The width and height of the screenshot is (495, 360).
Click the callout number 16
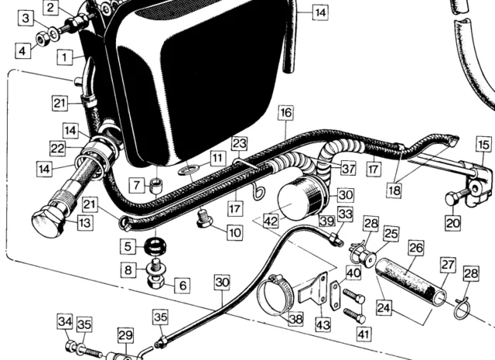(286, 113)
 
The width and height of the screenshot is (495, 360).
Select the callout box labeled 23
(239, 143)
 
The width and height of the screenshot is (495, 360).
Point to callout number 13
(83, 223)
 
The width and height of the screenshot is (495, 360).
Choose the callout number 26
(417, 249)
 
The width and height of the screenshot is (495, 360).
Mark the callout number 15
(483, 144)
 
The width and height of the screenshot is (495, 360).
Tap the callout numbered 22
(58, 149)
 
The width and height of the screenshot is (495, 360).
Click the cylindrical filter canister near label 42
(298, 198)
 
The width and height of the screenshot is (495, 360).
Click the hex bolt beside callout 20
(454, 198)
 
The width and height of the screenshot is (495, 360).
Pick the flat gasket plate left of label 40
(335, 293)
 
